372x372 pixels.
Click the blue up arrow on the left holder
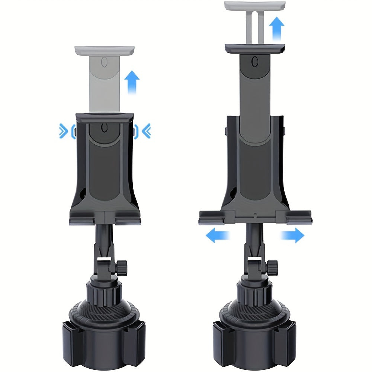coord(132,83)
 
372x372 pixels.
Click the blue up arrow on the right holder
coord(276,29)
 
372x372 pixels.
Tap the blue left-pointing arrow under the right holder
coord(218,235)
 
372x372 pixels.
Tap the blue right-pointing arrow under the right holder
coord(292,235)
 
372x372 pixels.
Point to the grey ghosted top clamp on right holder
coord(255,6)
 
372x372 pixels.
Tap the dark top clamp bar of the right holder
coord(255,48)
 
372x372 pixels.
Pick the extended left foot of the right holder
coord(211,217)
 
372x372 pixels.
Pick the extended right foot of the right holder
coord(299,217)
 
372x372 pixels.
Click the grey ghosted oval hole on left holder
coord(105,62)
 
